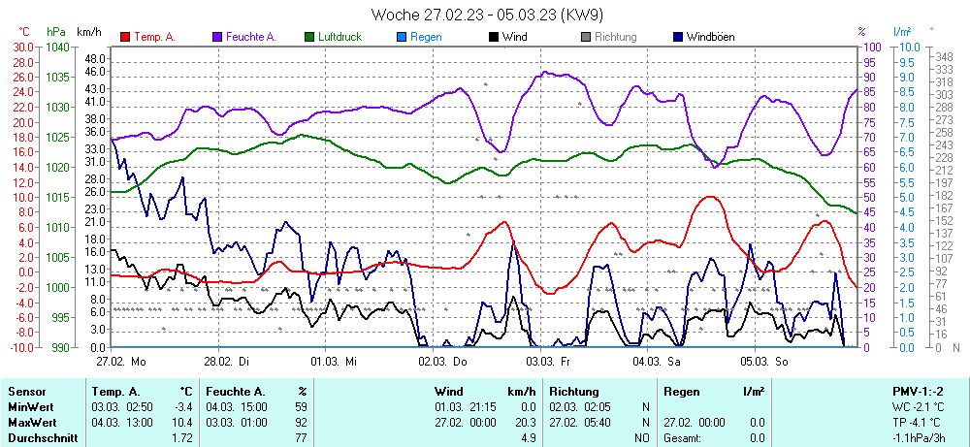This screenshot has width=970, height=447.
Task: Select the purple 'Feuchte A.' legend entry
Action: (250, 37)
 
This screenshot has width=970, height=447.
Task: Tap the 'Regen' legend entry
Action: (426, 37)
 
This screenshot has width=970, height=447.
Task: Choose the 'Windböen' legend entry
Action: (709, 37)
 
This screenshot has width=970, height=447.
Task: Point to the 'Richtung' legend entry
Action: (615, 37)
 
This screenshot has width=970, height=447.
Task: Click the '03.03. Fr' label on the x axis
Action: (547, 361)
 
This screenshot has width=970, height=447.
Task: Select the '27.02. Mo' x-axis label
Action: (121, 361)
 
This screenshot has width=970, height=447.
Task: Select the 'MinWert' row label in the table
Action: (32, 406)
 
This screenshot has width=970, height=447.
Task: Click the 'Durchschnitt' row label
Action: (43, 438)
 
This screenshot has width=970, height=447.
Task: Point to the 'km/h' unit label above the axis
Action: (89, 32)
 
